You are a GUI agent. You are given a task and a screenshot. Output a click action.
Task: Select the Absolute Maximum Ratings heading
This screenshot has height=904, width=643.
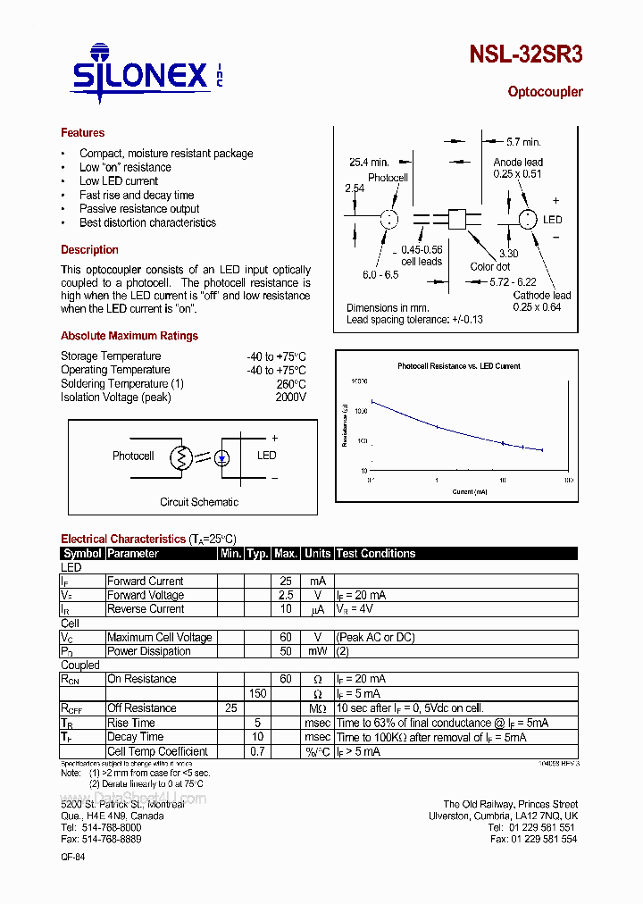[129, 336]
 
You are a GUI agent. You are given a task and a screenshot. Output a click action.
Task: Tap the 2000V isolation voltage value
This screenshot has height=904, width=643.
[290, 398]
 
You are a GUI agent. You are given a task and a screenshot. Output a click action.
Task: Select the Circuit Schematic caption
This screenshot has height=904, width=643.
[199, 502]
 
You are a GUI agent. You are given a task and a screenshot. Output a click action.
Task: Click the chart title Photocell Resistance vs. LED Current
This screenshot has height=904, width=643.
[458, 366]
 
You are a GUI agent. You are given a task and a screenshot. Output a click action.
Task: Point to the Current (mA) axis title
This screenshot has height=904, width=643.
[469, 491]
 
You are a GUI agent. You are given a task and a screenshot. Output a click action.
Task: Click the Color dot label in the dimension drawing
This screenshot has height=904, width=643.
[490, 266]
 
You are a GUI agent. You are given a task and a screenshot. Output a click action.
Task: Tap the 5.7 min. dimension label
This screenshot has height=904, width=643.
[523, 142]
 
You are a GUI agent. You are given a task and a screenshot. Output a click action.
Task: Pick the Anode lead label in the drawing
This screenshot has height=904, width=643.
[518, 163]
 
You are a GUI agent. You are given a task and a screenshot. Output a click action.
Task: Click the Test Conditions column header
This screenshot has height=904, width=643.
[376, 554]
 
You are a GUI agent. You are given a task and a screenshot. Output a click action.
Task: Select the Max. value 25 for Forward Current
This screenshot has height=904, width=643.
[286, 582]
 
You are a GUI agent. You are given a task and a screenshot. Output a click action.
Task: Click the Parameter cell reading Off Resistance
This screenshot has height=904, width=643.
[142, 708]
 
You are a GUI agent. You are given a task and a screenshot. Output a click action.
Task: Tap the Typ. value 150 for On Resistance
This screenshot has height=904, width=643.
[257, 694]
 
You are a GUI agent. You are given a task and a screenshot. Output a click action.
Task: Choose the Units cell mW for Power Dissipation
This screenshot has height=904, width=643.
[317, 651]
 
